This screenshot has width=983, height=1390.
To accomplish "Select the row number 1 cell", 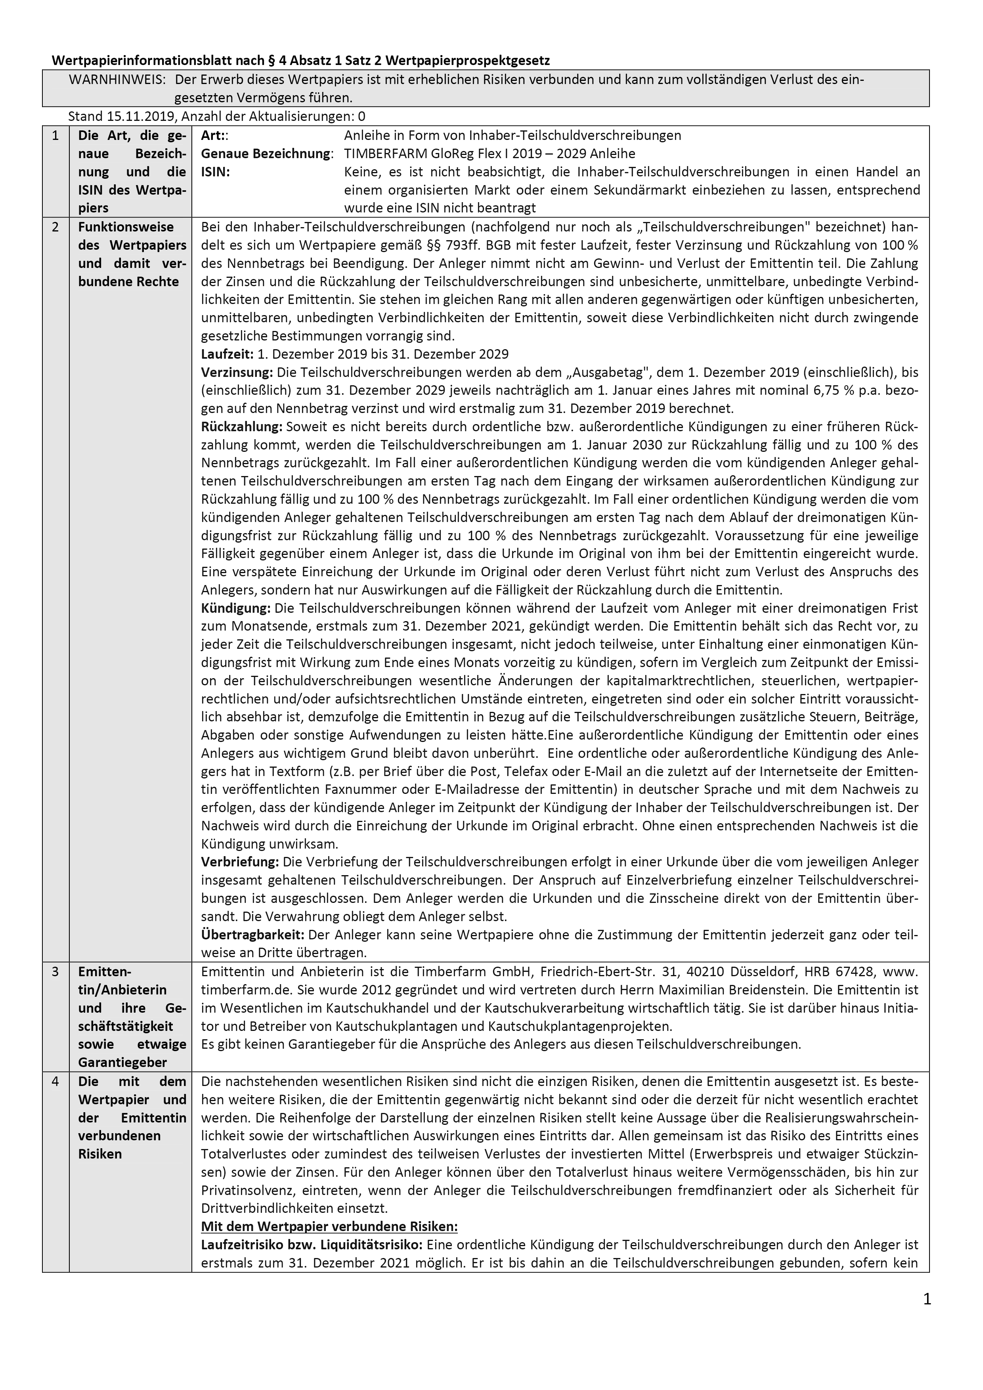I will pyautogui.click(x=55, y=136).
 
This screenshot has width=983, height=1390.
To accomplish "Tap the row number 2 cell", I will pyautogui.click(x=55, y=227).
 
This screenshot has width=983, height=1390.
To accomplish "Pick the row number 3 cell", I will pyautogui.click(x=55, y=972).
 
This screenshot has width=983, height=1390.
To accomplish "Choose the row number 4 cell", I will pyautogui.click(x=55, y=1081).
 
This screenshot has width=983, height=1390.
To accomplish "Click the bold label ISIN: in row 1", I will pyautogui.click(x=216, y=172).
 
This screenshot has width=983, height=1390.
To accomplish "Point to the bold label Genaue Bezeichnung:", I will pyautogui.click(x=267, y=154).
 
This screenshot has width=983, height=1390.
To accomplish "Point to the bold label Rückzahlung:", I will pyautogui.click(x=241, y=426).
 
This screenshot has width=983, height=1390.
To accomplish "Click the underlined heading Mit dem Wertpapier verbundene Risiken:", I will pyautogui.click(x=329, y=1227).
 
